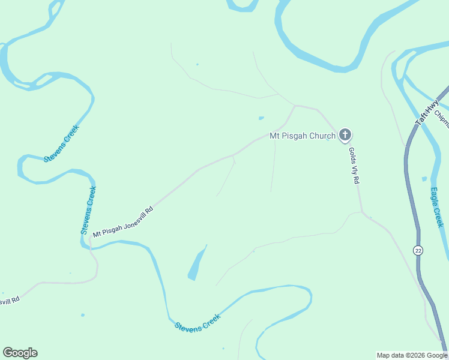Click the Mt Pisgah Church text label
(x=303, y=136)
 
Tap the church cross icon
(x=345, y=135)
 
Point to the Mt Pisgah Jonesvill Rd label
(x=123, y=222)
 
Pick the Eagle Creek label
(x=436, y=208)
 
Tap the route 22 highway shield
(x=418, y=250)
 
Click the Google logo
(x=20, y=353)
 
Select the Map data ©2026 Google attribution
(x=412, y=355)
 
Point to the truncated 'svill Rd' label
(x=10, y=301)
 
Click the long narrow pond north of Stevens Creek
(x=197, y=263)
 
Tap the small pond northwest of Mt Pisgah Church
(x=261, y=118)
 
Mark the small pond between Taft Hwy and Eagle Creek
(x=424, y=179)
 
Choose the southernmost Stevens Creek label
(x=197, y=322)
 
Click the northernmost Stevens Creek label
(x=62, y=142)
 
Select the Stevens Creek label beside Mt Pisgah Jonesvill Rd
(x=88, y=210)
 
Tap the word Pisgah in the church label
(x=294, y=136)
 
